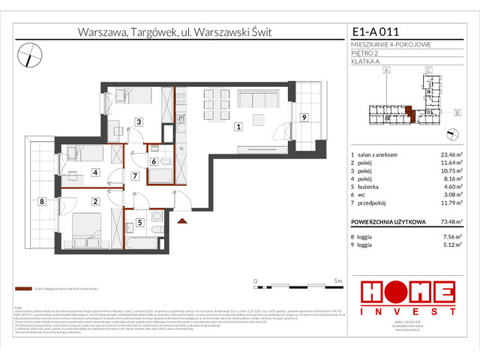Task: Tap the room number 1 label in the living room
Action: (x=238, y=127)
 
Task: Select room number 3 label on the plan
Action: (x=138, y=121)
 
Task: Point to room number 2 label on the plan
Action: (x=95, y=201)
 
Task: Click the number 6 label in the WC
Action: (x=153, y=161)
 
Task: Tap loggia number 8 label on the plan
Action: (x=43, y=201)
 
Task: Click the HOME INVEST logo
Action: (x=407, y=296)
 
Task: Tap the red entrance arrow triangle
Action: (x=181, y=221)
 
